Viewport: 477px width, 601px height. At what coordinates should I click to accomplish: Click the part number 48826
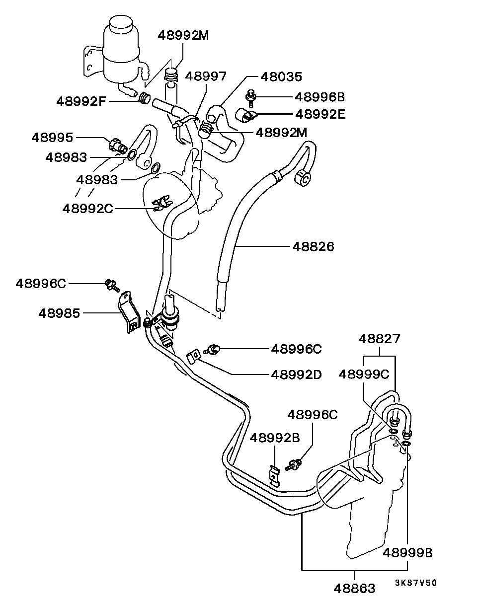point(313,246)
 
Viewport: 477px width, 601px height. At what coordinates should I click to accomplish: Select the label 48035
point(281,76)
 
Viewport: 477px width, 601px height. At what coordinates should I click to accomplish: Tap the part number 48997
point(206,76)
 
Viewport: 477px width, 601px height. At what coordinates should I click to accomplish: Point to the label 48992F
point(81,101)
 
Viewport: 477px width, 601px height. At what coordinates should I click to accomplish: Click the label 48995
point(52,138)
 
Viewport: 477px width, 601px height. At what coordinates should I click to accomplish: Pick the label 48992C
point(87,208)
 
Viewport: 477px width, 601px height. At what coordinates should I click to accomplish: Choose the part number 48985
point(59,313)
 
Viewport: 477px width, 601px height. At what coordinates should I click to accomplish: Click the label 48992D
point(296,375)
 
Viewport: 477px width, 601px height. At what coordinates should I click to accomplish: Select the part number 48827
point(380,339)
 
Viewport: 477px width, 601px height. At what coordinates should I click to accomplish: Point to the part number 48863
point(354,589)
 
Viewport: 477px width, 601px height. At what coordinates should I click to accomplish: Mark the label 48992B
point(275,438)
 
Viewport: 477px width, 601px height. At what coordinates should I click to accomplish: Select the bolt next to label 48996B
point(250,98)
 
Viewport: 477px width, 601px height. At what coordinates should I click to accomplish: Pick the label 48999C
point(364,374)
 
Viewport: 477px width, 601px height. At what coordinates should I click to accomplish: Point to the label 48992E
point(320,114)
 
